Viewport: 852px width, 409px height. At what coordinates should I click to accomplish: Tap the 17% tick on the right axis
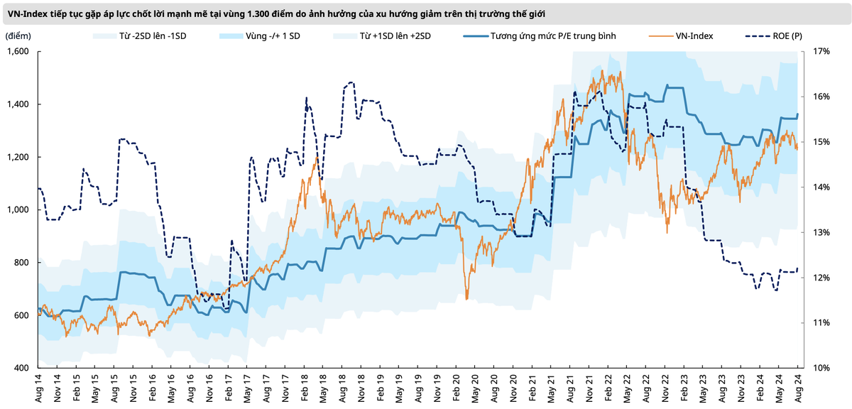[x=821, y=51]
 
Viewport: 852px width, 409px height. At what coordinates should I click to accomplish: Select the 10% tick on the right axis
[x=821, y=368]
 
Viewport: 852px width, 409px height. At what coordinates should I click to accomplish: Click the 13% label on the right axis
[x=821, y=232]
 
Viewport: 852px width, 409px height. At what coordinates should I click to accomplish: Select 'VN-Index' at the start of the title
[x=28, y=13]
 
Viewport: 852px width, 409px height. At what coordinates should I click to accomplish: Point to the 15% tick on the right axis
[x=821, y=142]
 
